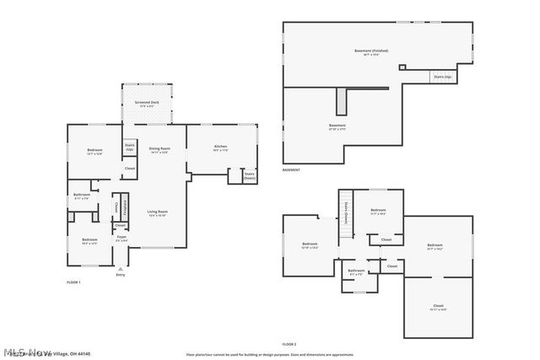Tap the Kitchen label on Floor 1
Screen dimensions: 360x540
220,148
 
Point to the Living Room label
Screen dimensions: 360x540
158,213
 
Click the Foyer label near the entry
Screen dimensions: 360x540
121,239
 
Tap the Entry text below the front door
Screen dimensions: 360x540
120,274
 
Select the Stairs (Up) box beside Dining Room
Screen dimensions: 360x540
130,148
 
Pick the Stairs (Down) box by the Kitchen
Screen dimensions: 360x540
250,176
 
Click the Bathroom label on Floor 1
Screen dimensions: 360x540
82,196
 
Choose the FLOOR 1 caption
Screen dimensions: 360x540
73,282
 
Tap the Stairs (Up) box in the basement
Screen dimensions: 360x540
441,77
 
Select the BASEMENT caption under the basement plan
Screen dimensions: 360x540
291,170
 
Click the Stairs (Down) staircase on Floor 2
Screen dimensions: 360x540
345,215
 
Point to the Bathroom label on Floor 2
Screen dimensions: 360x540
356,271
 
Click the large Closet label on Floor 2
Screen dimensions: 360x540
438,307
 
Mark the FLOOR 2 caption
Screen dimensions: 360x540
289,345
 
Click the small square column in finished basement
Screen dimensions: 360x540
402,67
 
